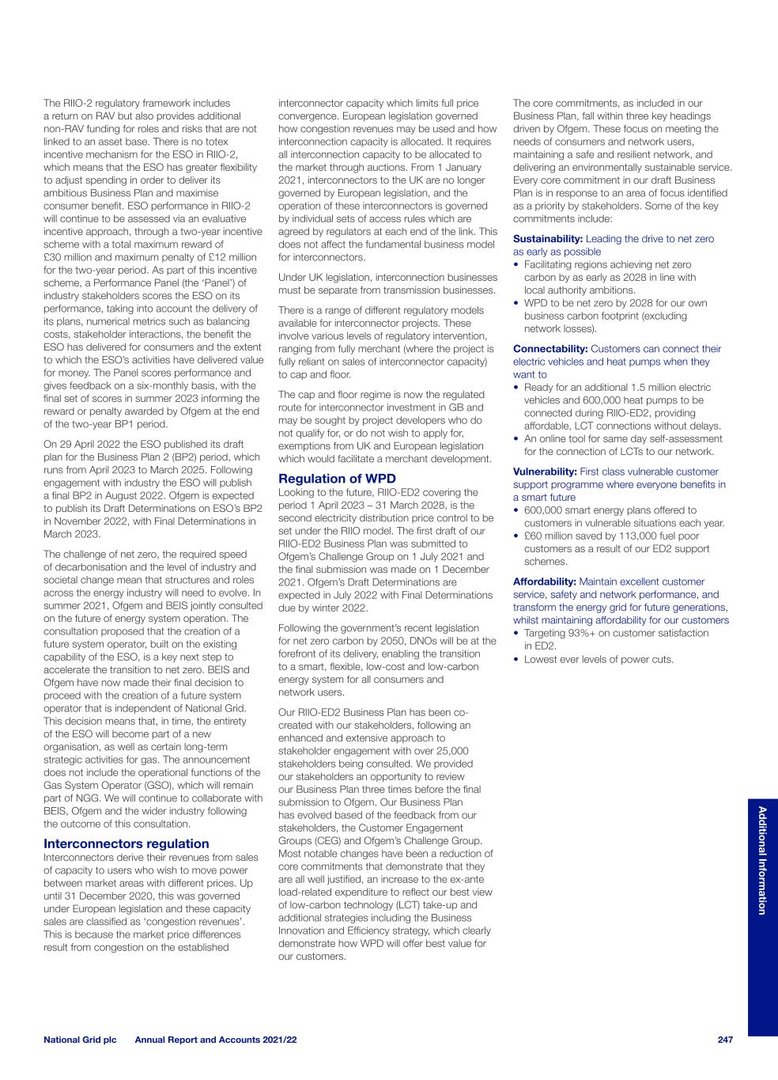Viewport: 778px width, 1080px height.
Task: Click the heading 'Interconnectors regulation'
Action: tap(127, 843)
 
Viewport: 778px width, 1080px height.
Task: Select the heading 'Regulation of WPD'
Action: tap(338, 479)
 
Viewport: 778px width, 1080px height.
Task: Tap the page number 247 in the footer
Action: tap(725, 1040)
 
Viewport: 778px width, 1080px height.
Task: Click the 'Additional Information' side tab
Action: tap(762, 860)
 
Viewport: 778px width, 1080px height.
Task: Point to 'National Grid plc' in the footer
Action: tap(80, 1040)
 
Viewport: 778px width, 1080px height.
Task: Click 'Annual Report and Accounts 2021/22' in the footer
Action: tap(216, 1040)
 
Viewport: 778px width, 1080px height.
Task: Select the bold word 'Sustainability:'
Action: tap(548, 239)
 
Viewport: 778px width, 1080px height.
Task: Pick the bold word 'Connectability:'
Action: tap(550, 349)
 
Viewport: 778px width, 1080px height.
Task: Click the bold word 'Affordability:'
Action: tap(546, 582)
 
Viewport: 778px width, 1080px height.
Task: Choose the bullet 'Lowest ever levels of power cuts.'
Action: tap(599, 659)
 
